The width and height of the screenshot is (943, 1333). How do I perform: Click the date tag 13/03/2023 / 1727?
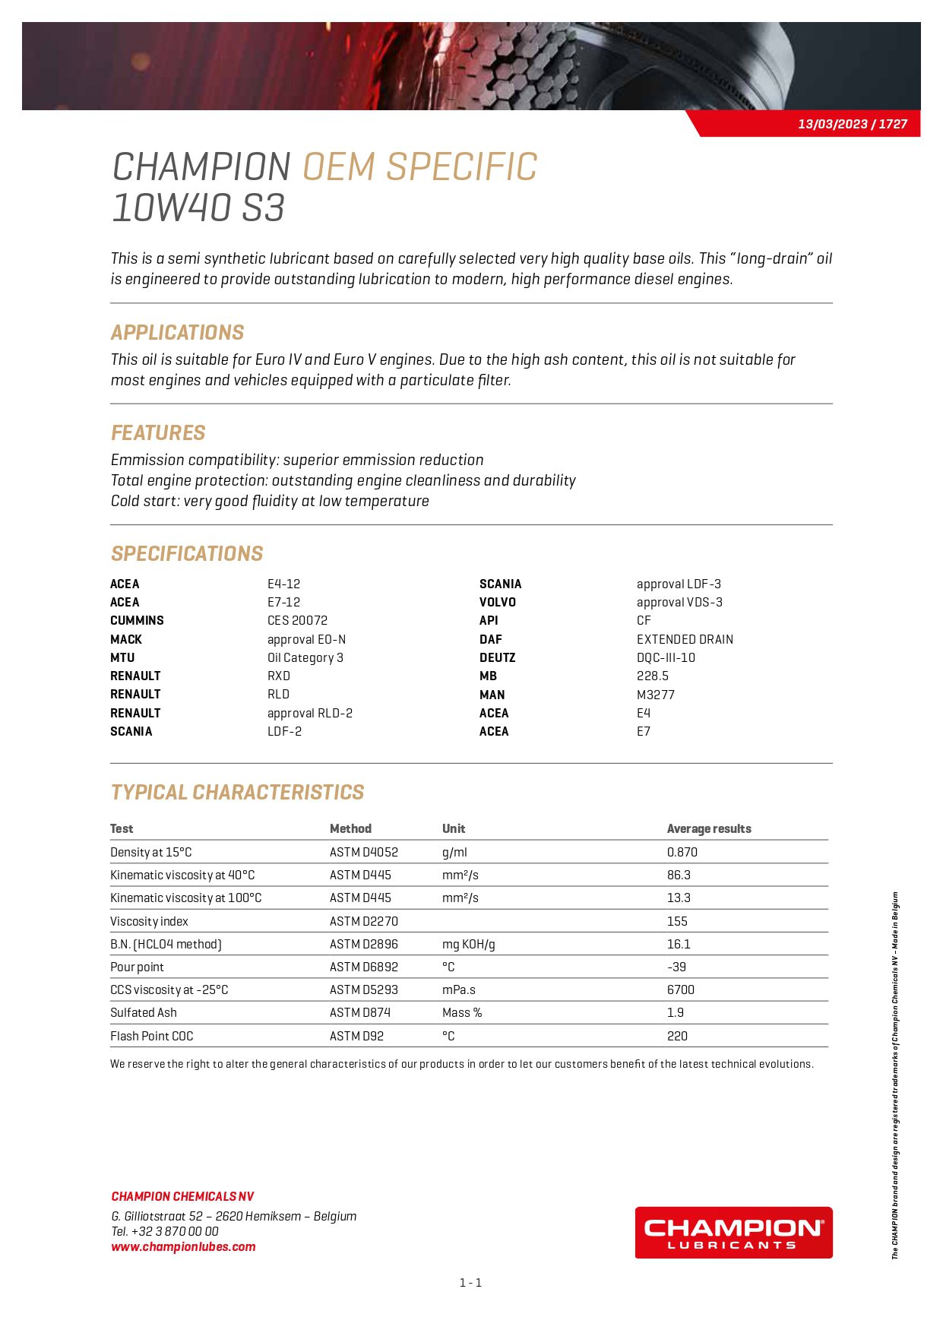852,124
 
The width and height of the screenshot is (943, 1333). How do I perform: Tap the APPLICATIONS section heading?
177,332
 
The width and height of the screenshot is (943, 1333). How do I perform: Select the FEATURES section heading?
158,432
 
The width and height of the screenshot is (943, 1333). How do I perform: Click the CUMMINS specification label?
137,620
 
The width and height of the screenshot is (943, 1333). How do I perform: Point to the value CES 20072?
297,620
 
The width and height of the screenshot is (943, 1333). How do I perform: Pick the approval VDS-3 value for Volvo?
679,602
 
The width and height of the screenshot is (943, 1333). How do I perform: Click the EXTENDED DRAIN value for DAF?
685,639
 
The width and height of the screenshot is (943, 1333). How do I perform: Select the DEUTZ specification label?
497,657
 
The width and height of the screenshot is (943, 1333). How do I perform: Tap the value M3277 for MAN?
655,695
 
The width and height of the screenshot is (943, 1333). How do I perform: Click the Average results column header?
708,828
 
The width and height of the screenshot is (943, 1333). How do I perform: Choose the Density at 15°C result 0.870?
682,852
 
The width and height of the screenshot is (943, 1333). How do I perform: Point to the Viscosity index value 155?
677,921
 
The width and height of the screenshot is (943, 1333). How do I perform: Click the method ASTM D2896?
363,944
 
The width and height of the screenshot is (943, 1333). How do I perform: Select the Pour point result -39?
676,967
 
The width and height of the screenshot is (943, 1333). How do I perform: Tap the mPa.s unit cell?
458,989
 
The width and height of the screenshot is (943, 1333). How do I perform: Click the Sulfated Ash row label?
144,1012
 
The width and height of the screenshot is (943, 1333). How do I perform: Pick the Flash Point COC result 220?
677,1036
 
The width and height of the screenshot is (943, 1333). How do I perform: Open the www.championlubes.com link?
183,1246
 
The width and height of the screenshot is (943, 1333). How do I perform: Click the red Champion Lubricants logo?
733,1233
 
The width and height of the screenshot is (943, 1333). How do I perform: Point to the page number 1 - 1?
470,1283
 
